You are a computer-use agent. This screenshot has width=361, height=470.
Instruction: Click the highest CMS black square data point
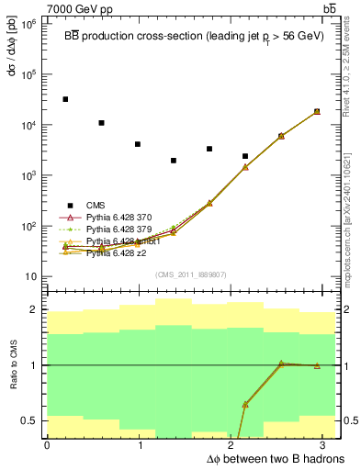coord(65,99)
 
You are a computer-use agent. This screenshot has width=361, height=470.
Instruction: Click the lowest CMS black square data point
coord(174,161)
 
